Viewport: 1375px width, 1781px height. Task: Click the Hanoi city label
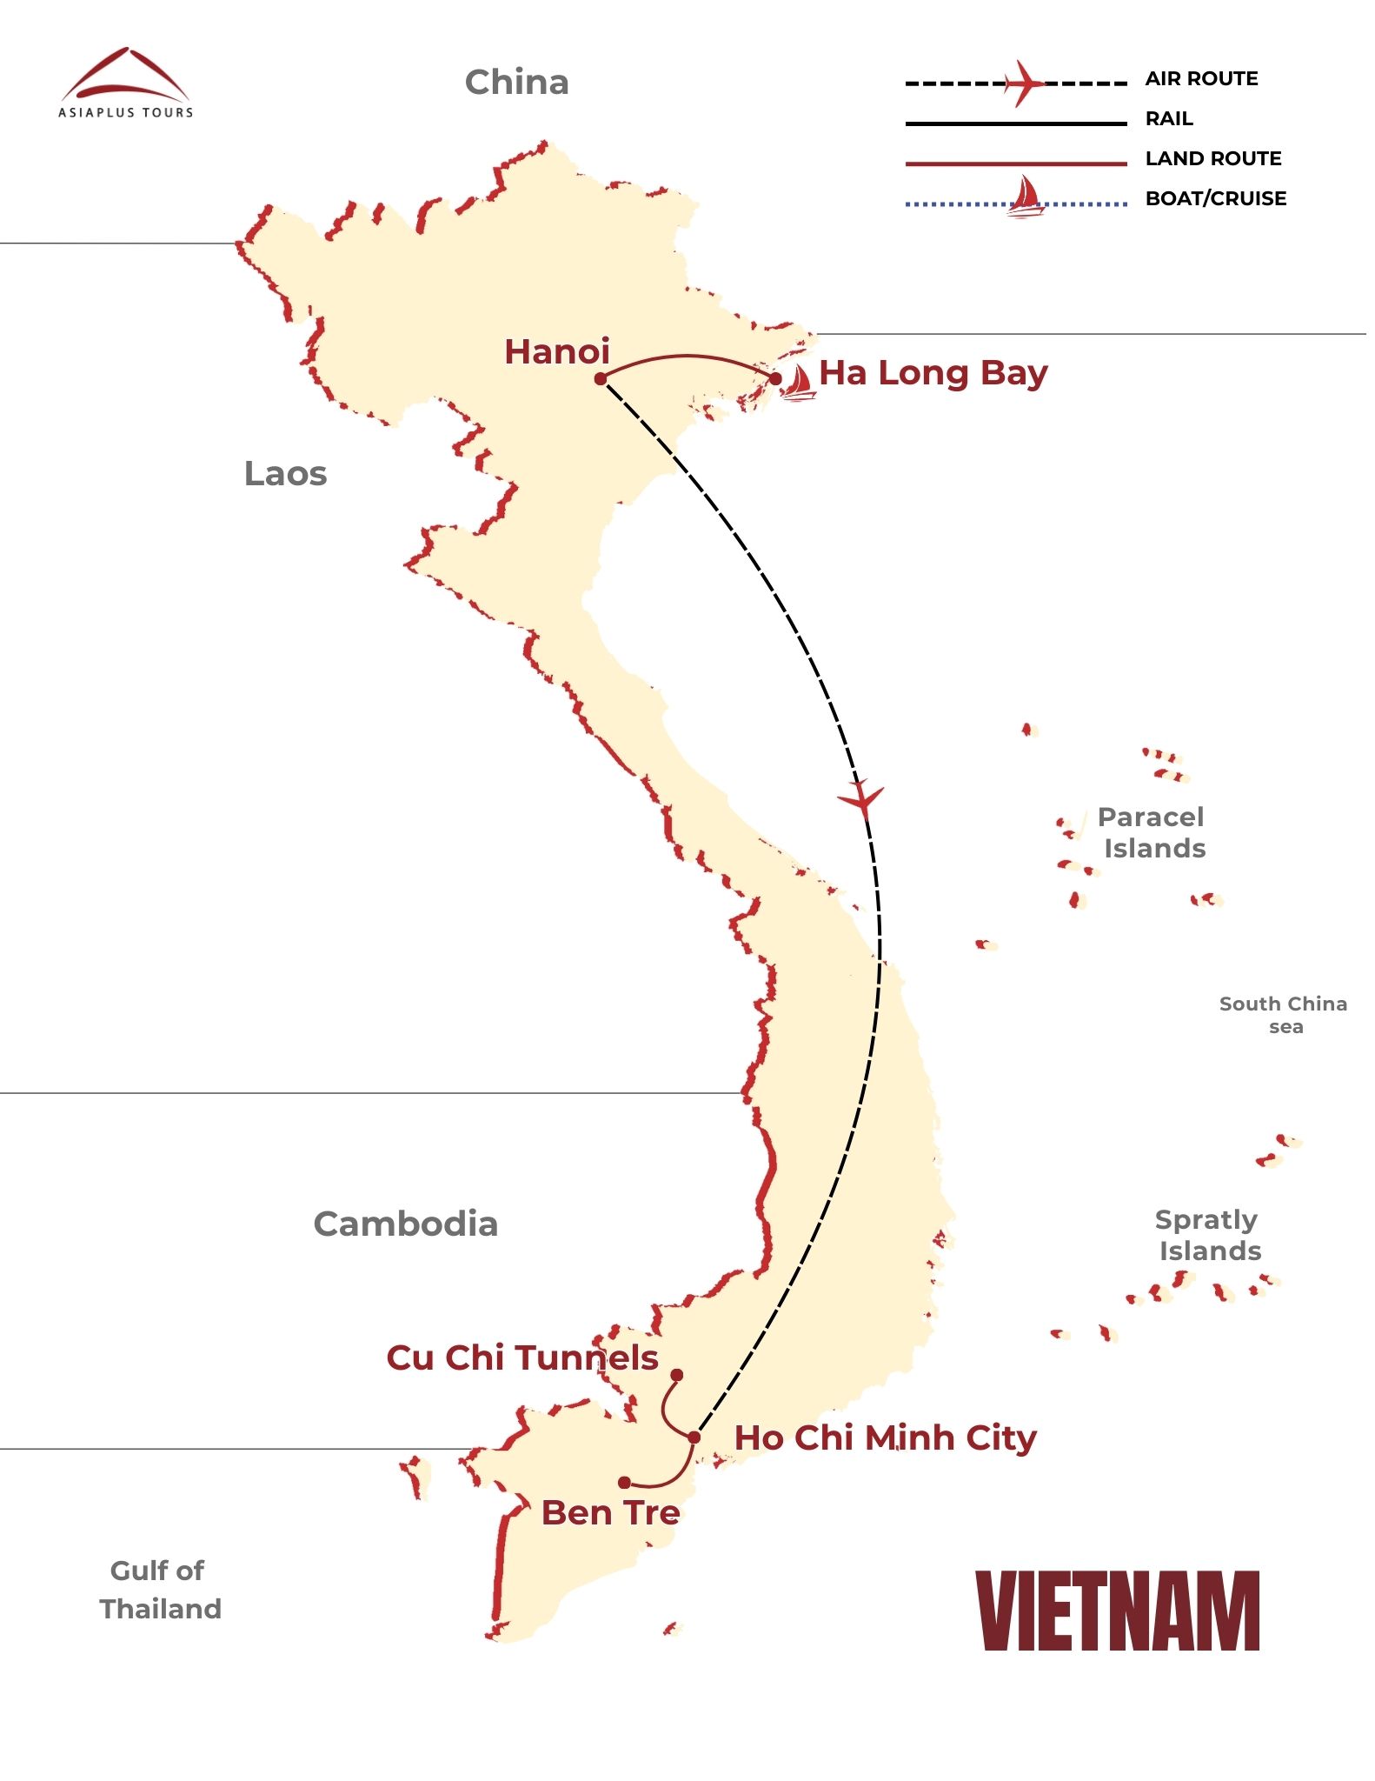coord(557,352)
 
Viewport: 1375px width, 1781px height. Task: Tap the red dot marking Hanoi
coord(601,378)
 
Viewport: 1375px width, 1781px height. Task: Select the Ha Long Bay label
coord(933,373)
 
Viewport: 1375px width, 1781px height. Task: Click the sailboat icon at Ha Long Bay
coord(797,383)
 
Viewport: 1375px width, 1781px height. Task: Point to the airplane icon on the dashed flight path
coord(861,797)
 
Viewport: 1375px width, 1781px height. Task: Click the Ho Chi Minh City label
coord(885,1437)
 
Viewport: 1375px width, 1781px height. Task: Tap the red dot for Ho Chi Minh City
coord(694,1437)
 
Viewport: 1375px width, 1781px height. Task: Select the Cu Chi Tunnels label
coord(522,1357)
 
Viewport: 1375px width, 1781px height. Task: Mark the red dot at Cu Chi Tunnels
coord(676,1375)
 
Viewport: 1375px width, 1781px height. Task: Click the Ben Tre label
coord(610,1513)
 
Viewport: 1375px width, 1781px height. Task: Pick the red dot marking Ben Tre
coord(624,1482)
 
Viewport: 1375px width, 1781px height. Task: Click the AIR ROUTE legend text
coord(1201,79)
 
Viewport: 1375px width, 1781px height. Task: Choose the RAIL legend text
coord(1169,119)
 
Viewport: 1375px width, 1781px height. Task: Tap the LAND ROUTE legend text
coord(1213,159)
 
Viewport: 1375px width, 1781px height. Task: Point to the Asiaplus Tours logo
coord(126,83)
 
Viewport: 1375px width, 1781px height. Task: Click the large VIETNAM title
coord(1118,1611)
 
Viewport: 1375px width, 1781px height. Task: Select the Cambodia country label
coord(405,1224)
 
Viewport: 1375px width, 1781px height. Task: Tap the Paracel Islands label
coord(1152,832)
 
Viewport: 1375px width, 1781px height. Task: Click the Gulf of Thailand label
coord(160,1590)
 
